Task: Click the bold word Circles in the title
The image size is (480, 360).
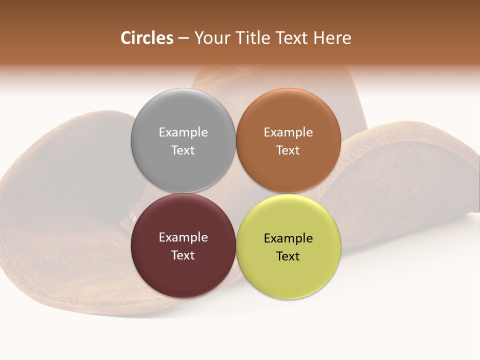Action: click(x=147, y=38)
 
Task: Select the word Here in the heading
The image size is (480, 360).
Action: click(x=332, y=38)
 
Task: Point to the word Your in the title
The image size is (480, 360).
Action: click(x=211, y=38)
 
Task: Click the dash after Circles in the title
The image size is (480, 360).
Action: click(x=183, y=38)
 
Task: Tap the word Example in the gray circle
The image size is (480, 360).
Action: click(x=183, y=132)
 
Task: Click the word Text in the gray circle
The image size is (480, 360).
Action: click(x=183, y=150)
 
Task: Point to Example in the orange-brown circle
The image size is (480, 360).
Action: click(x=288, y=132)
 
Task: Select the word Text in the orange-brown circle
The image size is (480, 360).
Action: click(x=288, y=150)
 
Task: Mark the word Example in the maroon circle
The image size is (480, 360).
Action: click(x=183, y=237)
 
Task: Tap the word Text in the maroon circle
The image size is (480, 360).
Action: click(x=183, y=255)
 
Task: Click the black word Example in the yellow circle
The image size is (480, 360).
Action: click(x=288, y=238)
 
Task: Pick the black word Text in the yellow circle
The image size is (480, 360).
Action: click(x=288, y=256)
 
